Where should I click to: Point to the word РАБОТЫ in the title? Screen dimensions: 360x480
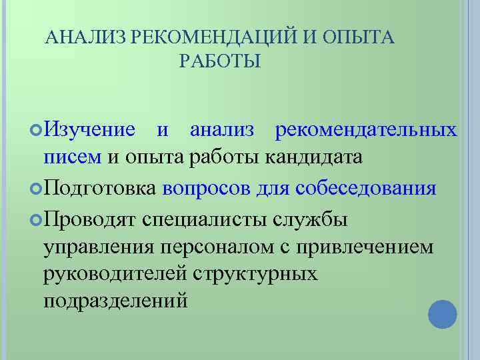click(220, 62)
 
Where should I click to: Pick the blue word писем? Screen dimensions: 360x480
click(72, 157)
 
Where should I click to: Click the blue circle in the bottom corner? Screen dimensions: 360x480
click(442, 314)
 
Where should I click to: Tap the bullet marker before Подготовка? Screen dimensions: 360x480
click(37, 189)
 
